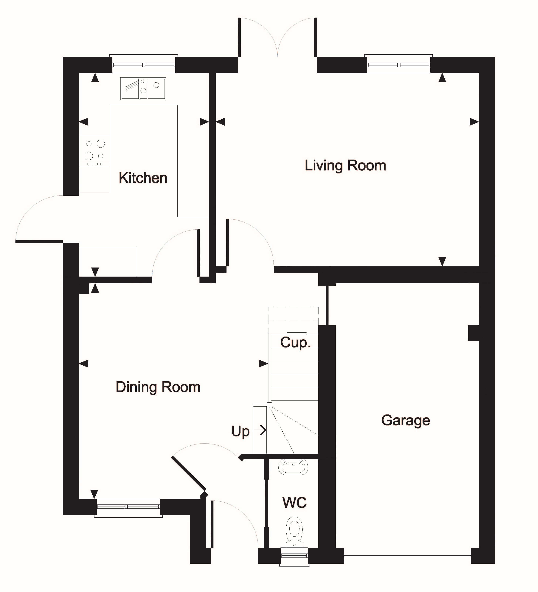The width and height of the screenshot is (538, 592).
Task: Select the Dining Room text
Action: point(158,387)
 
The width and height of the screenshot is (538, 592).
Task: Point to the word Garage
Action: point(406,421)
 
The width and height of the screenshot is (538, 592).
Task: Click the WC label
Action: point(295,502)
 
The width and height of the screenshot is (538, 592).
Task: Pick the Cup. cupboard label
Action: point(295,343)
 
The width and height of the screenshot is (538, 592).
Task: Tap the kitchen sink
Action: point(143,88)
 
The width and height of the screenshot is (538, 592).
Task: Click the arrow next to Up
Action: point(260,430)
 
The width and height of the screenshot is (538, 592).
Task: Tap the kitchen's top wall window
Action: point(144,64)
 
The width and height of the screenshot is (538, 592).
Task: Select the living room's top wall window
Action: point(399,64)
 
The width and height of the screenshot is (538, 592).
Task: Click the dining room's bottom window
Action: point(128,508)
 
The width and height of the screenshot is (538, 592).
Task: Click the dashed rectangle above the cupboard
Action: point(293,313)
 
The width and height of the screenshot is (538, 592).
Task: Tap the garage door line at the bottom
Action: point(407,556)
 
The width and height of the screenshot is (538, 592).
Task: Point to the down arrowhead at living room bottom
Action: point(442,261)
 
